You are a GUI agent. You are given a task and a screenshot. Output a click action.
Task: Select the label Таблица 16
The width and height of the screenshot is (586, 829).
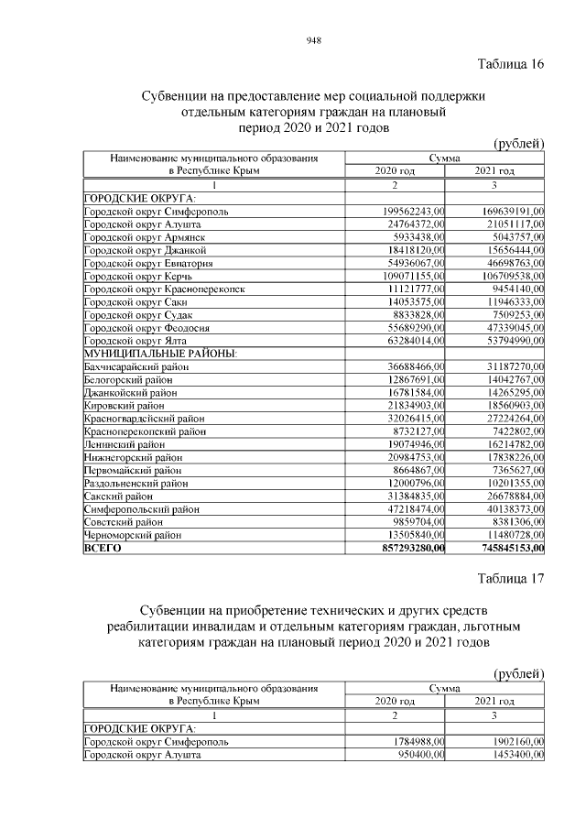pyautogui.click(x=511, y=63)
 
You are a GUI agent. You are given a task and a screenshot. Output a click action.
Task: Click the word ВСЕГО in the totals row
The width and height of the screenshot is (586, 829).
pyautogui.click(x=103, y=548)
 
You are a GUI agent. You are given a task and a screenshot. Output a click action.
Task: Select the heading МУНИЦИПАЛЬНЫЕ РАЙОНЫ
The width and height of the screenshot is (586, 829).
pyautogui.click(x=160, y=353)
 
